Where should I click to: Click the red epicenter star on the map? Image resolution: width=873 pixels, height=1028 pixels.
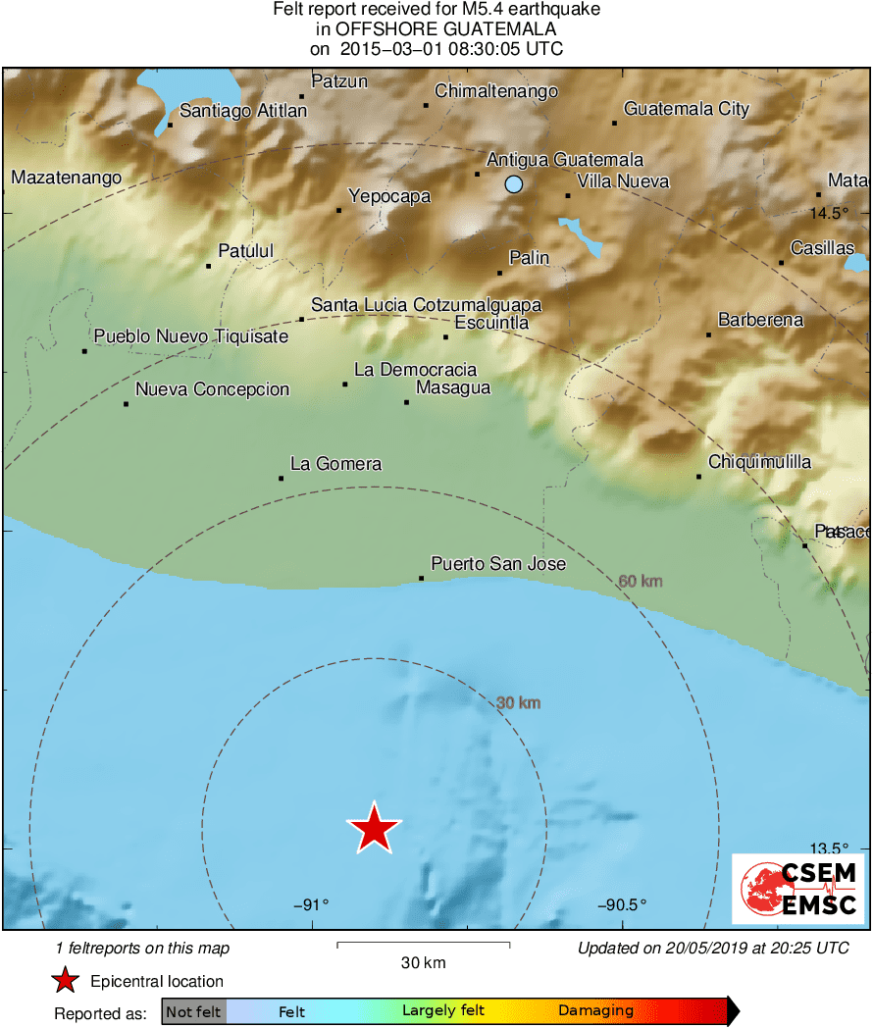(x=374, y=828)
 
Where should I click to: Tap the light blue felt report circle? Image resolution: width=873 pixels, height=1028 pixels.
(x=514, y=183)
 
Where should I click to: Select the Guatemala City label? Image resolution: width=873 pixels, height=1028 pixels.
(x=686, y=109)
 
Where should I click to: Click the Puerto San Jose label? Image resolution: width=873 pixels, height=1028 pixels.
(x=498, y=564)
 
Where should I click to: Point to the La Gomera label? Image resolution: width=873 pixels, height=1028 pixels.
(x=335, y=464)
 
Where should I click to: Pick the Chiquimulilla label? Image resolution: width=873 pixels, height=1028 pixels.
(x=759, y=462)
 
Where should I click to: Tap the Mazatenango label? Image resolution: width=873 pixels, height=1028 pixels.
(x=67, y=178)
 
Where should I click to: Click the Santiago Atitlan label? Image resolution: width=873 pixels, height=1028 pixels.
(x=243, y=111)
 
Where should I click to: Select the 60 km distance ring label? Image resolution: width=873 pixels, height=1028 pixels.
(x=641, y=582)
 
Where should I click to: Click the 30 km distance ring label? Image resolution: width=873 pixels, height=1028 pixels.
(x=518, y=702)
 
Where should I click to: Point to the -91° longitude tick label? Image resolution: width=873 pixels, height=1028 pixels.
(x=311, y=905)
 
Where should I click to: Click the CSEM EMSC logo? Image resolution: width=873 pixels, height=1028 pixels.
(x=797, y=888)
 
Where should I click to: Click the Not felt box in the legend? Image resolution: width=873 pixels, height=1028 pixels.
(x=193, y=1011)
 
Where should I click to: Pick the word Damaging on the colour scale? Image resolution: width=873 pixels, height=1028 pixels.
(x=595, y=1011)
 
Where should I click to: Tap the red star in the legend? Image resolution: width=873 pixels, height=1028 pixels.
(x=65, y=981)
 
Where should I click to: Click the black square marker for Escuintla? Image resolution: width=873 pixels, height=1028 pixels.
(x=445, y=337)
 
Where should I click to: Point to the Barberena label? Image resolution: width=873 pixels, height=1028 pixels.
(x=760, y=320)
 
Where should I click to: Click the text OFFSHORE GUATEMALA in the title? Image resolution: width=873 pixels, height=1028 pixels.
(x=436, y=29)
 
